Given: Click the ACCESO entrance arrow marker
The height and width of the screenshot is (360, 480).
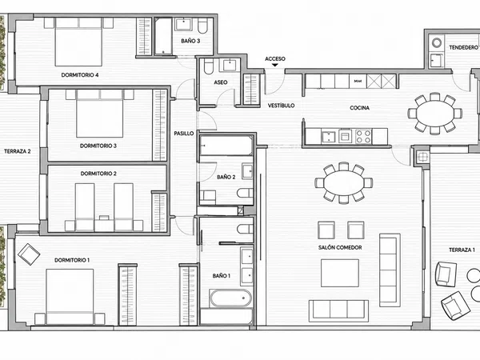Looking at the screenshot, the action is (x=275, y=65).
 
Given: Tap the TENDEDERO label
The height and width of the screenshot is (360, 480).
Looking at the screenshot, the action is (x=463, y=47).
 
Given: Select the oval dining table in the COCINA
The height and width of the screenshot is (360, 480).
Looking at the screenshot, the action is (x=435, y=114).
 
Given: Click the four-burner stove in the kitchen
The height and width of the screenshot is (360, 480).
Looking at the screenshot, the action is (x=364, y=136).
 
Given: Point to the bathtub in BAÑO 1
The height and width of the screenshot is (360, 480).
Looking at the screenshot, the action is (x=231, y=298).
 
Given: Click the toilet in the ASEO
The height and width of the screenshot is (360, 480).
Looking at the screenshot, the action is (x=209, y=66).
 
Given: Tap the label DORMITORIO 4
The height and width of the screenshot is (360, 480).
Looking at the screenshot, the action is (x=80, y=74).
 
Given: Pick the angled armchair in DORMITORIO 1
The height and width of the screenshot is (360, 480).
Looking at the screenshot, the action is (x=29, y=254).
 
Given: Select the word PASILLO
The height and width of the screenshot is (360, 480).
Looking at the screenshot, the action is (x=184, y=133).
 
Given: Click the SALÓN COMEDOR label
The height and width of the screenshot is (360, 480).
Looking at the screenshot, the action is (x=340, y=247).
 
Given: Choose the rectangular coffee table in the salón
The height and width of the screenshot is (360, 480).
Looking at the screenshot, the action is (x=340, y=273).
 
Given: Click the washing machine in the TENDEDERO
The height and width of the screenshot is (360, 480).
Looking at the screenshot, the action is (x=436, y=42).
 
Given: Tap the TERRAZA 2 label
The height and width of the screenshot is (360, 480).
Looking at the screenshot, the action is (x=18, y=151).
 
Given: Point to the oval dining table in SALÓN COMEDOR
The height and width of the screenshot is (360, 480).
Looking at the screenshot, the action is (x=344, y=182).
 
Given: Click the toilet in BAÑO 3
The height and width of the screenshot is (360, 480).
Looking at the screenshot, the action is (x=202, y=26).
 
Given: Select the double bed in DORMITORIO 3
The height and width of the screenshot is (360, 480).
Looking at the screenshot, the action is (x=100, y=114).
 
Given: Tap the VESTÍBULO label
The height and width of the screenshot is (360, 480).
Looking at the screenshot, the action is (x=282, y=106).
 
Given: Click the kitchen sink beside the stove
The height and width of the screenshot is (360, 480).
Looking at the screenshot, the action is (x=329, y=136).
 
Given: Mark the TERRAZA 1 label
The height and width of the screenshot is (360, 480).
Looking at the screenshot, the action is (x=462, y=250).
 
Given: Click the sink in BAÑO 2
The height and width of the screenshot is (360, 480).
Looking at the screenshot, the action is (x=248, y=171).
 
